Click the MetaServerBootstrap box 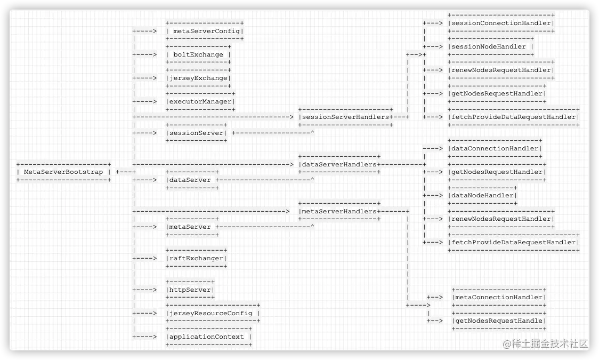coord(63,172)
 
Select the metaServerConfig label coord(205,31)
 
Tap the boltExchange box coord(198,54)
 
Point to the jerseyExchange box coord(198,78)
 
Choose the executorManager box coord(200,101)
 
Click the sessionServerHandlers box coord(345,117)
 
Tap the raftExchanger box coord(197,258)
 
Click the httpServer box coord(190,290)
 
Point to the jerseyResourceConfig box coord(213,313)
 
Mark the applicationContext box coord(208,337)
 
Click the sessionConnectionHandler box coord(501,23)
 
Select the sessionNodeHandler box coord(491,46)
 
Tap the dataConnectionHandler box coord(495,148)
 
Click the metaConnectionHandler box coord(499,297)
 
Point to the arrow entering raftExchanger coord(144,258)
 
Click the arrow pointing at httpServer coord(144,290)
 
